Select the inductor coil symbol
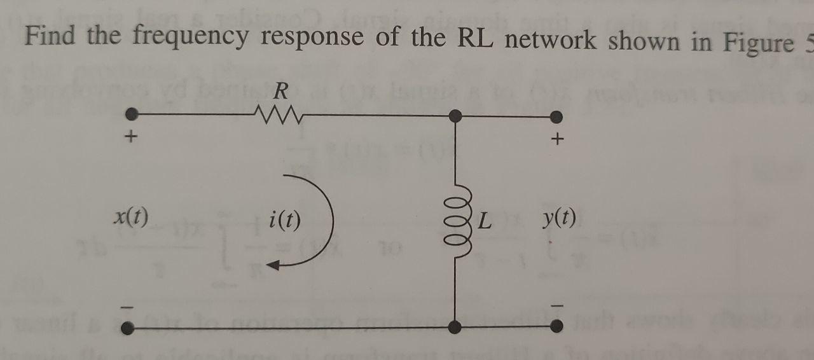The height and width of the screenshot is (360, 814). coord(455,216)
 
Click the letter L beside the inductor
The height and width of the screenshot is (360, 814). coord(486,222)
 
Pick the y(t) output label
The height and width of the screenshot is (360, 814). coord(560,219)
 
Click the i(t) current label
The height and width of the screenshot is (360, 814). coord(285,220)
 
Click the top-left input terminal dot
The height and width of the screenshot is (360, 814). coord(131,115)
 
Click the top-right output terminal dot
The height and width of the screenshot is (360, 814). coord(556,116)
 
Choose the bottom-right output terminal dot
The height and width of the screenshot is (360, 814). coord(556,327)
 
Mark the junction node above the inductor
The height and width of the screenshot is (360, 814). coord(455,116)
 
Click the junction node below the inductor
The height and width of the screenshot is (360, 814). coord(455,327)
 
